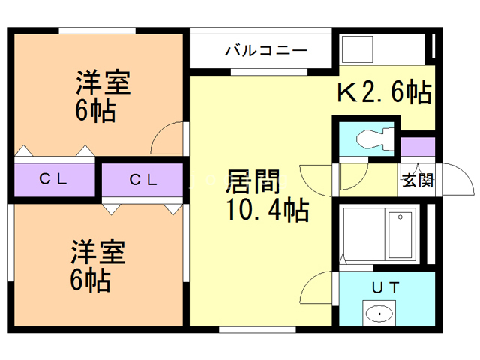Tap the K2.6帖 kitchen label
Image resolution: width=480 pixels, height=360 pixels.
383,91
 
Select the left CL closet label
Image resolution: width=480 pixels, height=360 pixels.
54,179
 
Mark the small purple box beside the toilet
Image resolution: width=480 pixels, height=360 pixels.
417,146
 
